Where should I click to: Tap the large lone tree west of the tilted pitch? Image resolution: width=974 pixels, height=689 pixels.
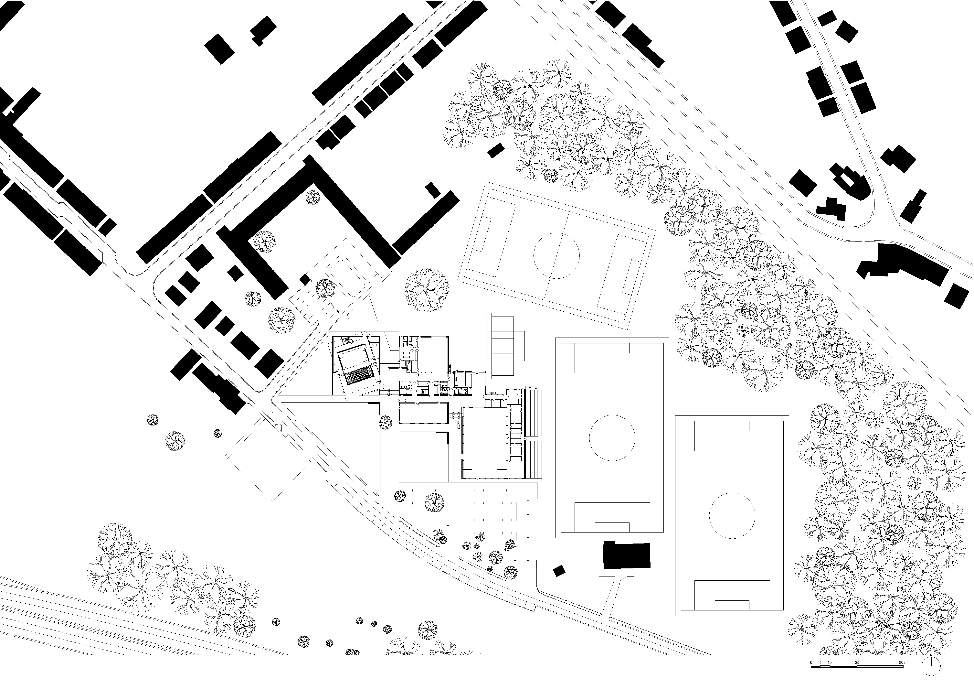point(427,290)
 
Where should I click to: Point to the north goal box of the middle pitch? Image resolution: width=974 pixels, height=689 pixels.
point(612,348)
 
